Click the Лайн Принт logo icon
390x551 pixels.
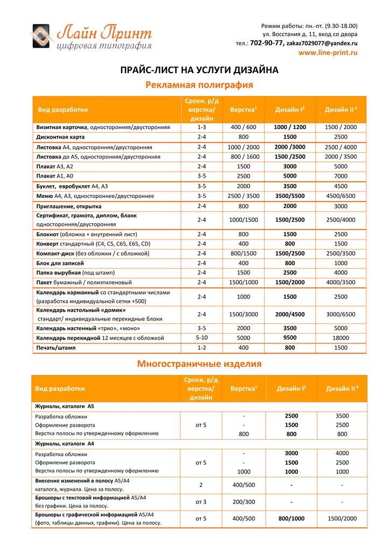click(42, 37)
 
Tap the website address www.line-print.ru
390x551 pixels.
click(328, 53)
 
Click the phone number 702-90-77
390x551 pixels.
click(267, 43)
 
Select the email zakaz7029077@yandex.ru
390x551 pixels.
click(322, 43)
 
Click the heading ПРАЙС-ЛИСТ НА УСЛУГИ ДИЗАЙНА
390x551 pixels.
click(198, 70)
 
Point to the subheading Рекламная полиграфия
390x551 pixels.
click(200, 85)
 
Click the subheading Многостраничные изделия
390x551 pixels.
click(199, 364)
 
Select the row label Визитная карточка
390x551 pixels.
click(62, 128)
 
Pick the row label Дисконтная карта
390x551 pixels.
click(61, 137)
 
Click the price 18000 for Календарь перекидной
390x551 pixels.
click(341, 338)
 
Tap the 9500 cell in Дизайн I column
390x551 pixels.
click(290, 338)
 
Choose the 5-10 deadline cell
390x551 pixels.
click(202, 338)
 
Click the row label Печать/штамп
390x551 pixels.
click(56, 348)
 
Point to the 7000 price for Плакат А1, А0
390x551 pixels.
click(341, 176)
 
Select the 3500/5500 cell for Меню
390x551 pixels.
click(290, 196)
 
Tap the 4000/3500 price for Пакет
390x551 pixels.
click(341, 282)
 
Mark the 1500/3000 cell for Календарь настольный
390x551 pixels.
click(244, 314)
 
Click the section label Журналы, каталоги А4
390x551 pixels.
click(65, 444)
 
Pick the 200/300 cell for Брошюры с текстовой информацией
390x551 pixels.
click(244, 501)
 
